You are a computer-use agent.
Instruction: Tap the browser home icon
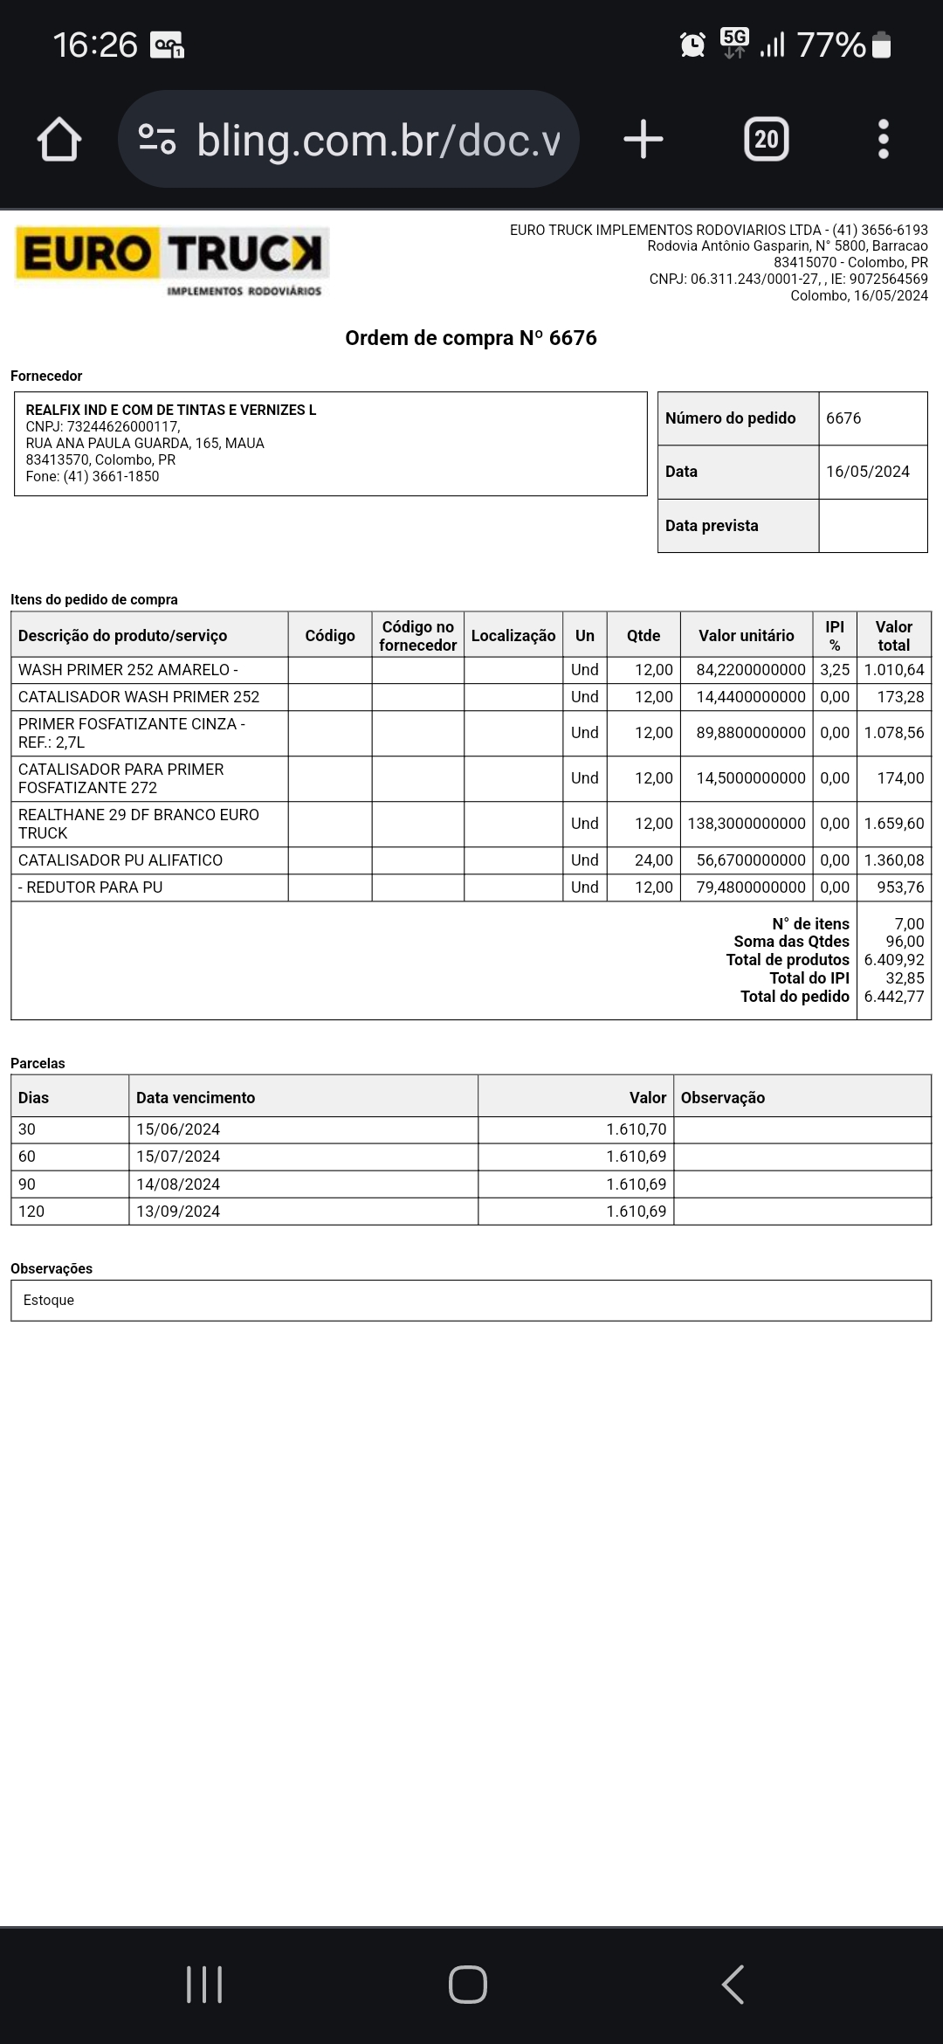coord(59,140)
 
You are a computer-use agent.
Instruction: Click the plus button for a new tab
coord(644,140)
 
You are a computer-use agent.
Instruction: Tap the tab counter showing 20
coord(766,140)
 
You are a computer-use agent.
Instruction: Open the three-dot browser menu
coord(883,140)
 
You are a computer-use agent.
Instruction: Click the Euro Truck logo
coord(171,261)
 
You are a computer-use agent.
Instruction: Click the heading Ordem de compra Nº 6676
coord(471,338)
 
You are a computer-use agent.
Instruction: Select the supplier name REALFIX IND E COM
coord(171,410)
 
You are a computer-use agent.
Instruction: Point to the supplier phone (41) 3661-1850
coord(111,477)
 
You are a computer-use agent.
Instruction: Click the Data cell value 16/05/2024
coord(867,472)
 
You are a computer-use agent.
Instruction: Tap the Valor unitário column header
coord(746,636)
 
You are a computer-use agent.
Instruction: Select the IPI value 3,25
coord(834,670)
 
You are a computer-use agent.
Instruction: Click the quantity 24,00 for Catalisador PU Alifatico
coord(653,860)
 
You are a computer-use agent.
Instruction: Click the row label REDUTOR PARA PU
coord(91,887)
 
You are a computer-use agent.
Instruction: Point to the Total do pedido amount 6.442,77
coord(893,997)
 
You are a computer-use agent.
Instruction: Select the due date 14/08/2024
coord(178,1184)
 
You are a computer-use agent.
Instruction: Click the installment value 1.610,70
coord(636,1129)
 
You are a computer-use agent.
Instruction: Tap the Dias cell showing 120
coord(31,1212)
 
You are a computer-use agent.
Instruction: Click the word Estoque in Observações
coord(49,1301)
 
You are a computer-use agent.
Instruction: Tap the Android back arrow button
coord(733,1985)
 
